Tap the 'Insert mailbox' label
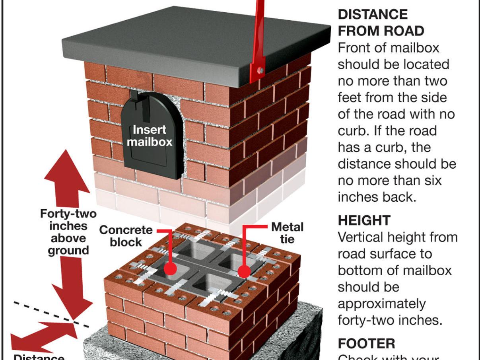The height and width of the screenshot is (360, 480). tap(150, 136)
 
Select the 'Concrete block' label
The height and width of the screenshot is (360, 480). tap(126, 235)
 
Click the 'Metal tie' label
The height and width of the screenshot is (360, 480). tap(287, 233)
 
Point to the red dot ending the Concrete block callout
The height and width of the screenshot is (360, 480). tap(170, 269)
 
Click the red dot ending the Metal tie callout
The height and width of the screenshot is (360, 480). tap(244, 271)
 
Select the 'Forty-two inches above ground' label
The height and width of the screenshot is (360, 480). tap(68, 232)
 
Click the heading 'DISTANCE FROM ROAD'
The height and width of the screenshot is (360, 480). tap(381, 22)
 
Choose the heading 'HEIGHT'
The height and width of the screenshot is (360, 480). tap(364, 220)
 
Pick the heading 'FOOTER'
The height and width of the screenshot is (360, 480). tap(366, 343)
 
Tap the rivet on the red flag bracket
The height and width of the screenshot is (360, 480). tap(260, 70)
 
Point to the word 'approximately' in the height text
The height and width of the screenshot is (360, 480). tap(381, 304)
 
